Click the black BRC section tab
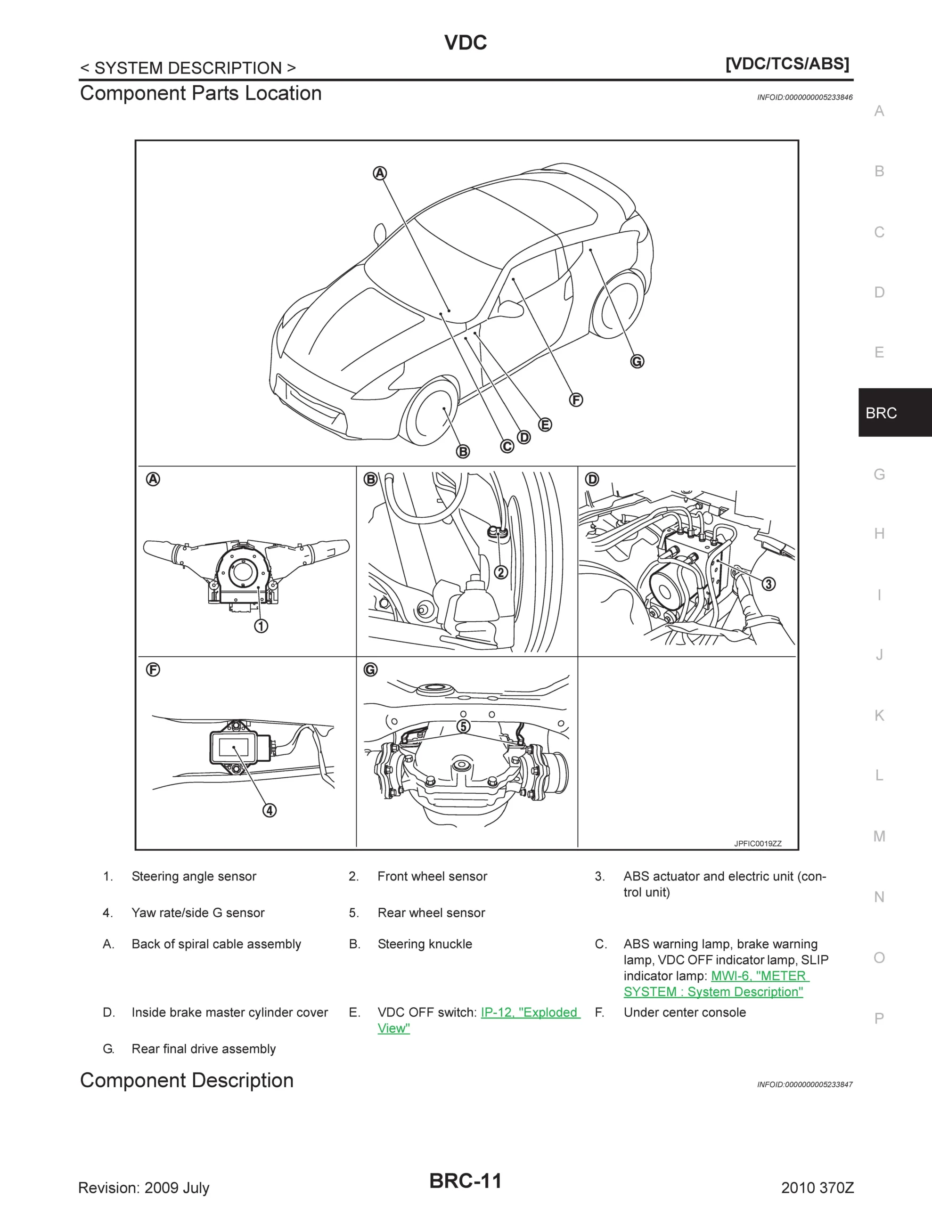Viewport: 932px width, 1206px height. point(894,413)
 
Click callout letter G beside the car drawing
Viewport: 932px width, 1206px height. point(637,362)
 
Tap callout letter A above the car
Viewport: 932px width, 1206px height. point(380,173)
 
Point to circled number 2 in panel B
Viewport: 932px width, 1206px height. point(500,572)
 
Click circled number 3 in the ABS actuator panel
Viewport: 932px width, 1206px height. point(768,584)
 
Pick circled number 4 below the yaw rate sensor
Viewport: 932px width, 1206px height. point(269,810)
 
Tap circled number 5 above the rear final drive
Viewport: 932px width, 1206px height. point(464,726)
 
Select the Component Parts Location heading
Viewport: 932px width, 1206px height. point(201,93)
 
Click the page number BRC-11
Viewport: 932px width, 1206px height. point(465,1181)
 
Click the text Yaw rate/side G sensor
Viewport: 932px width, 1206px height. point(198,913)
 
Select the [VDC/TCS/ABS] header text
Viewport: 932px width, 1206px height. point(787,64)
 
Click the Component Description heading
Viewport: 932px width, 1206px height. point(187,1081)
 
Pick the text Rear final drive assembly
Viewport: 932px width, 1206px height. point(203,1049)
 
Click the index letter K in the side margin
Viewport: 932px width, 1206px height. point(879,715)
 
